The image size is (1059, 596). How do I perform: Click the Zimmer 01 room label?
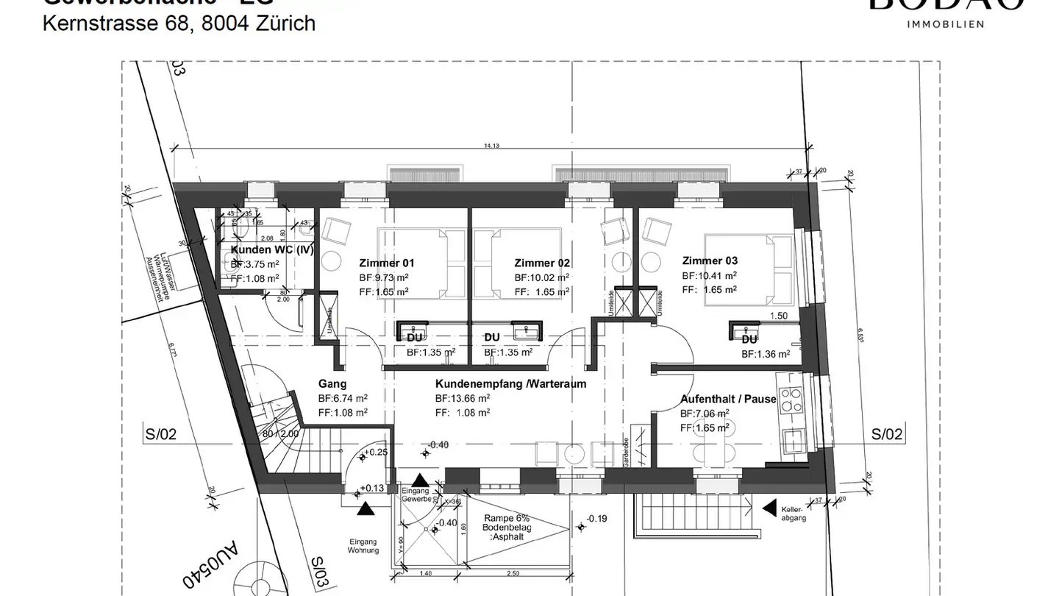(387, 263)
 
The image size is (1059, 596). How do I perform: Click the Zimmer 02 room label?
(542, 263)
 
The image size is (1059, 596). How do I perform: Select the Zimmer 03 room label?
(710, 260)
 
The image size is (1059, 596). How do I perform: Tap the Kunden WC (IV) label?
(272, 250)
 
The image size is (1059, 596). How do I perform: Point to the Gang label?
(332, 384)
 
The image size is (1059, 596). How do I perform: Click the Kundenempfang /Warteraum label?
(510, 384)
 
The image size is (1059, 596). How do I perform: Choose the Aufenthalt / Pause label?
(728, 399)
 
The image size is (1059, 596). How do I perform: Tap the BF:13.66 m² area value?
(463, 398)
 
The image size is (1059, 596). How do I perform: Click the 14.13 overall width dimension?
(491, 146)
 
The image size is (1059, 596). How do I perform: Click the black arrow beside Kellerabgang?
(769, 508)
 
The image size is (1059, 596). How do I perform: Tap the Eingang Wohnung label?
(364, 545)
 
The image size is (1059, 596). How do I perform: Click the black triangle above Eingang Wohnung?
(366, 508)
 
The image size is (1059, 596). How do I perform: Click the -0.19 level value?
(597, 519)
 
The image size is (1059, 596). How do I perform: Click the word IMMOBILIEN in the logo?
(946, 24)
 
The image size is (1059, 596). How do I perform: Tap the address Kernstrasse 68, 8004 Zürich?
(179, 24)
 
